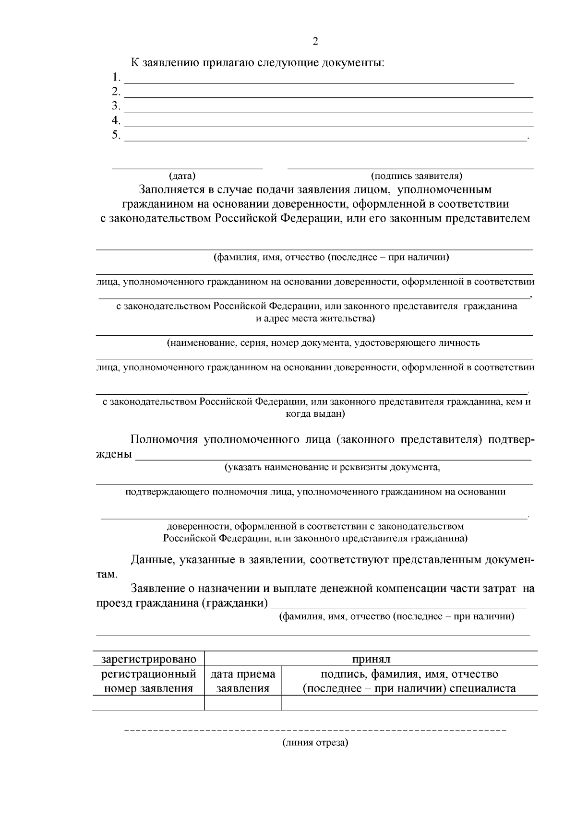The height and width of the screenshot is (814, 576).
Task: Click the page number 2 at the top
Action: (x=315, y=41)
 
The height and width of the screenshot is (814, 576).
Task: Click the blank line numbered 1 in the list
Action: (x=319, y=82)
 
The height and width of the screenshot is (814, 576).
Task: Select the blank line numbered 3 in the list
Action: (x=329, y=111)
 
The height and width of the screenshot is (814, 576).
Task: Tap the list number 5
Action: (x=116, y=135)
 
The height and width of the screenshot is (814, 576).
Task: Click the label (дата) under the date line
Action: (x=182, y=176)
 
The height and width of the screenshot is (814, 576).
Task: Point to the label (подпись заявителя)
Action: (x=417, y=176)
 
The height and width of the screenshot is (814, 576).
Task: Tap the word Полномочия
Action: (x=164, y=439)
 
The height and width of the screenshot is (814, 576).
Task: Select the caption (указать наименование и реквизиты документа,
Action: (x=333, y=467)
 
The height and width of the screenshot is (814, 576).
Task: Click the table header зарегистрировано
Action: (x=149, y=659)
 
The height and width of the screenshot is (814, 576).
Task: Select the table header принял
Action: (x=371, y=659)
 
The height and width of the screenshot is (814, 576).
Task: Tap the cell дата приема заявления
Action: (x=243, y=681)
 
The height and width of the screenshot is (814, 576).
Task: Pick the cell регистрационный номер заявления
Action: (x=149, y=681)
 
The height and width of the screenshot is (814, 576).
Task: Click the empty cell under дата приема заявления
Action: (x=243, y=703)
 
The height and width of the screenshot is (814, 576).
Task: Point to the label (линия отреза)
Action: (x=315, y=743)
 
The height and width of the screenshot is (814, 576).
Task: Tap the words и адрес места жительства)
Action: (x=315, y=319)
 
